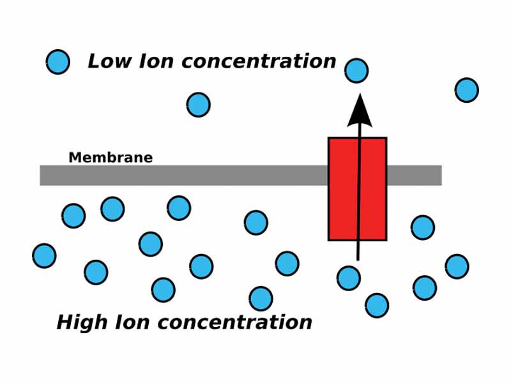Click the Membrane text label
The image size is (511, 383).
tap(111, 158)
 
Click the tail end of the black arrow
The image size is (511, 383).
tap(358, 257)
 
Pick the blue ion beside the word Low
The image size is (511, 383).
tap(58, 62)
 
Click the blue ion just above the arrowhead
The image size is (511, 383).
tap(356, 70)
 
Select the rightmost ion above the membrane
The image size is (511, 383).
tap(467, 90)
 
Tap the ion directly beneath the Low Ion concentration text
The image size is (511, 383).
tap(198, 105)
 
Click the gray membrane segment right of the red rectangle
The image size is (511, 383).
tap(414, 176)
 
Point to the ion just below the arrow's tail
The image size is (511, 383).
tap(349, 278)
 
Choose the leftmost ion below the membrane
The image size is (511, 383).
tap(44, 256)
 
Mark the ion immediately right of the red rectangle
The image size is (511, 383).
tap(423, 227)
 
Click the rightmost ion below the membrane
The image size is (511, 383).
tap(457, 266)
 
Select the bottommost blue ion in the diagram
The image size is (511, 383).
tap(377, 305)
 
